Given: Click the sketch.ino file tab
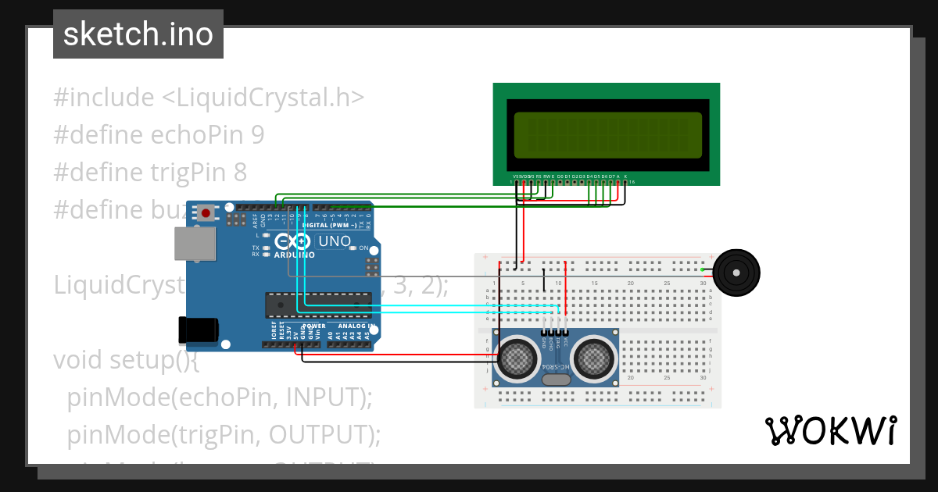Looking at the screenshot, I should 138,34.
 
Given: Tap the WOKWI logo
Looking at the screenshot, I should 830,431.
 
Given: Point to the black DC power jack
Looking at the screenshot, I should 198,330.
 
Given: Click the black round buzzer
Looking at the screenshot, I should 738,272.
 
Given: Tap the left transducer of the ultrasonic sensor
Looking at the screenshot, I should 518,358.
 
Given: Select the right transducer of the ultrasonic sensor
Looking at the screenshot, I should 594,358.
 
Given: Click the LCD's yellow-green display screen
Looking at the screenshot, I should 607,134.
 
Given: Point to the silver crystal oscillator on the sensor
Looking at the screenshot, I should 556,380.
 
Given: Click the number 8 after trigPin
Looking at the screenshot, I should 241,172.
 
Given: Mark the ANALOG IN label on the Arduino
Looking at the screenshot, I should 356,326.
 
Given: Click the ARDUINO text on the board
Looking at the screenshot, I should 294,255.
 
